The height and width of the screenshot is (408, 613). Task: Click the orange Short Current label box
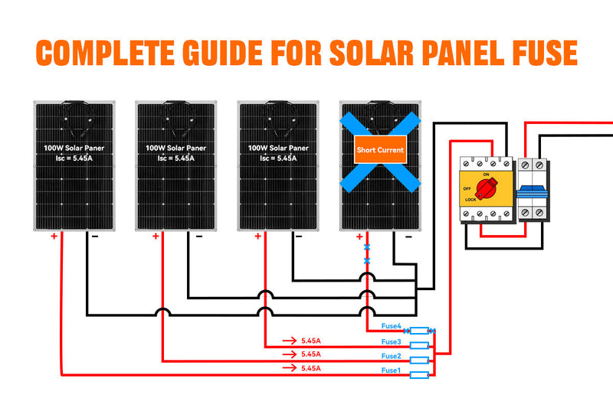[x=380, y=150]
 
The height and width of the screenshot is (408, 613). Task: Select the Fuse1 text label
[x=392, y=370]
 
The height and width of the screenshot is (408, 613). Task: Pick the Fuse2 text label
[x=392, y=356]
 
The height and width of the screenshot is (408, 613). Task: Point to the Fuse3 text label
[x=392, y=341]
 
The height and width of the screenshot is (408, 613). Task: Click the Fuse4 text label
[x=392, y=327]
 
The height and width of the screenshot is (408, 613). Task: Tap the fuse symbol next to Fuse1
[x=419, y=375]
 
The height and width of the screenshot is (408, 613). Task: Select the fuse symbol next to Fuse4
[x=419, y=331]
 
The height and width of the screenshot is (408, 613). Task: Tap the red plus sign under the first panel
[x=54, y=237]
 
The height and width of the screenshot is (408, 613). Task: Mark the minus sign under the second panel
[x=199, y=237]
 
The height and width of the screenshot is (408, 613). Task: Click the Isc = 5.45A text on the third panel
[x=277, y=158]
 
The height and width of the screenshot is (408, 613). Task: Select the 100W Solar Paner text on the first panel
[x=74, y=148]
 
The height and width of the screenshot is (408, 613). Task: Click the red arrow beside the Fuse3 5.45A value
[x=289, y=341]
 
